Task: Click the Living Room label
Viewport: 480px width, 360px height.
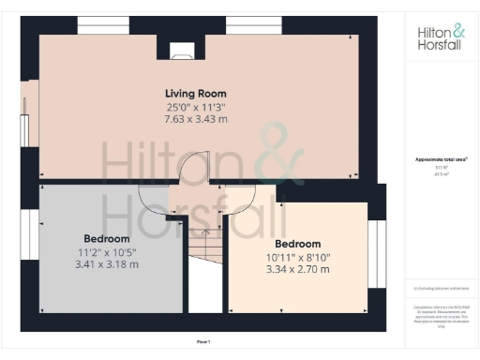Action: click(x=195, y=94)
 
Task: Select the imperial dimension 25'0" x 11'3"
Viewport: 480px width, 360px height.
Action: click(x=195, y=107)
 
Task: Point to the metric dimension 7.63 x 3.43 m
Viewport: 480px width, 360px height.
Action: click(x=195, y=119)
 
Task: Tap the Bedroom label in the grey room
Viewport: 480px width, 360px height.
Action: click(x=107, y=238)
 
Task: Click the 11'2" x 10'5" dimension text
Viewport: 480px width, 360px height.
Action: click(x=107, y=251)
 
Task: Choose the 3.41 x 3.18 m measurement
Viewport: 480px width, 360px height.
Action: click(x=107, y=264)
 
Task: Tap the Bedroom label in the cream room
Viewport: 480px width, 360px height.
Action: click(x=297, y=244)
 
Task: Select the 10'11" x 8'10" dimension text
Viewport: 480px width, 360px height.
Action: click(x=297, y=257)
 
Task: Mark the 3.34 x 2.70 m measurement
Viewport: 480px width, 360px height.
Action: click(x=297, y=270)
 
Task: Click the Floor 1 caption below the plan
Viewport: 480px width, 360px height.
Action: click(x=204, y=341)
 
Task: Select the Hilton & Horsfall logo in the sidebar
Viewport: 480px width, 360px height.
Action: click(x=441, y=37)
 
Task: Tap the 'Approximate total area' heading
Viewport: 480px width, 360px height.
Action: click(x=441, y=159)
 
